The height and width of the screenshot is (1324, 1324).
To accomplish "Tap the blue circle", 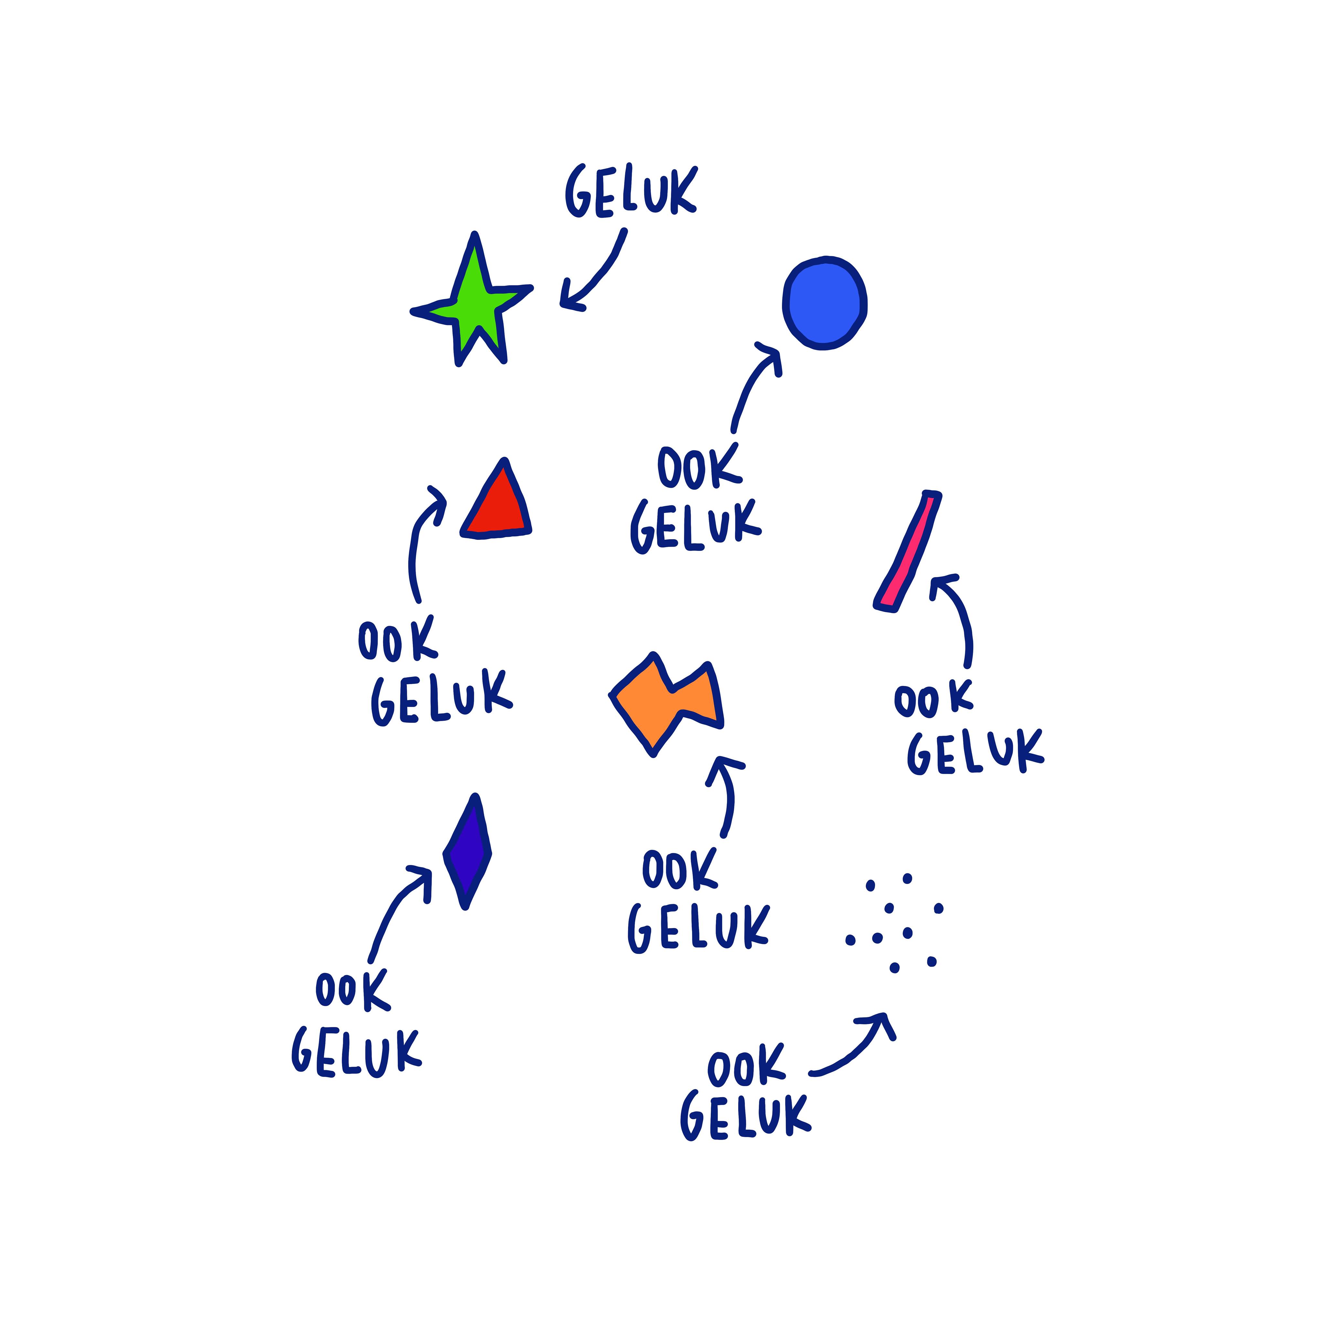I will click(x=824, y=303).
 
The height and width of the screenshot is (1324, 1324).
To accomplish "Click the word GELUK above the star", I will click(x=630, y=192).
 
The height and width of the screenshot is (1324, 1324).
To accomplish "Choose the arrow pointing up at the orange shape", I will click(x=728, y=795).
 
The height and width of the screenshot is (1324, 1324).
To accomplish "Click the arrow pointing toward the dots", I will click(x=857, y=1049).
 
